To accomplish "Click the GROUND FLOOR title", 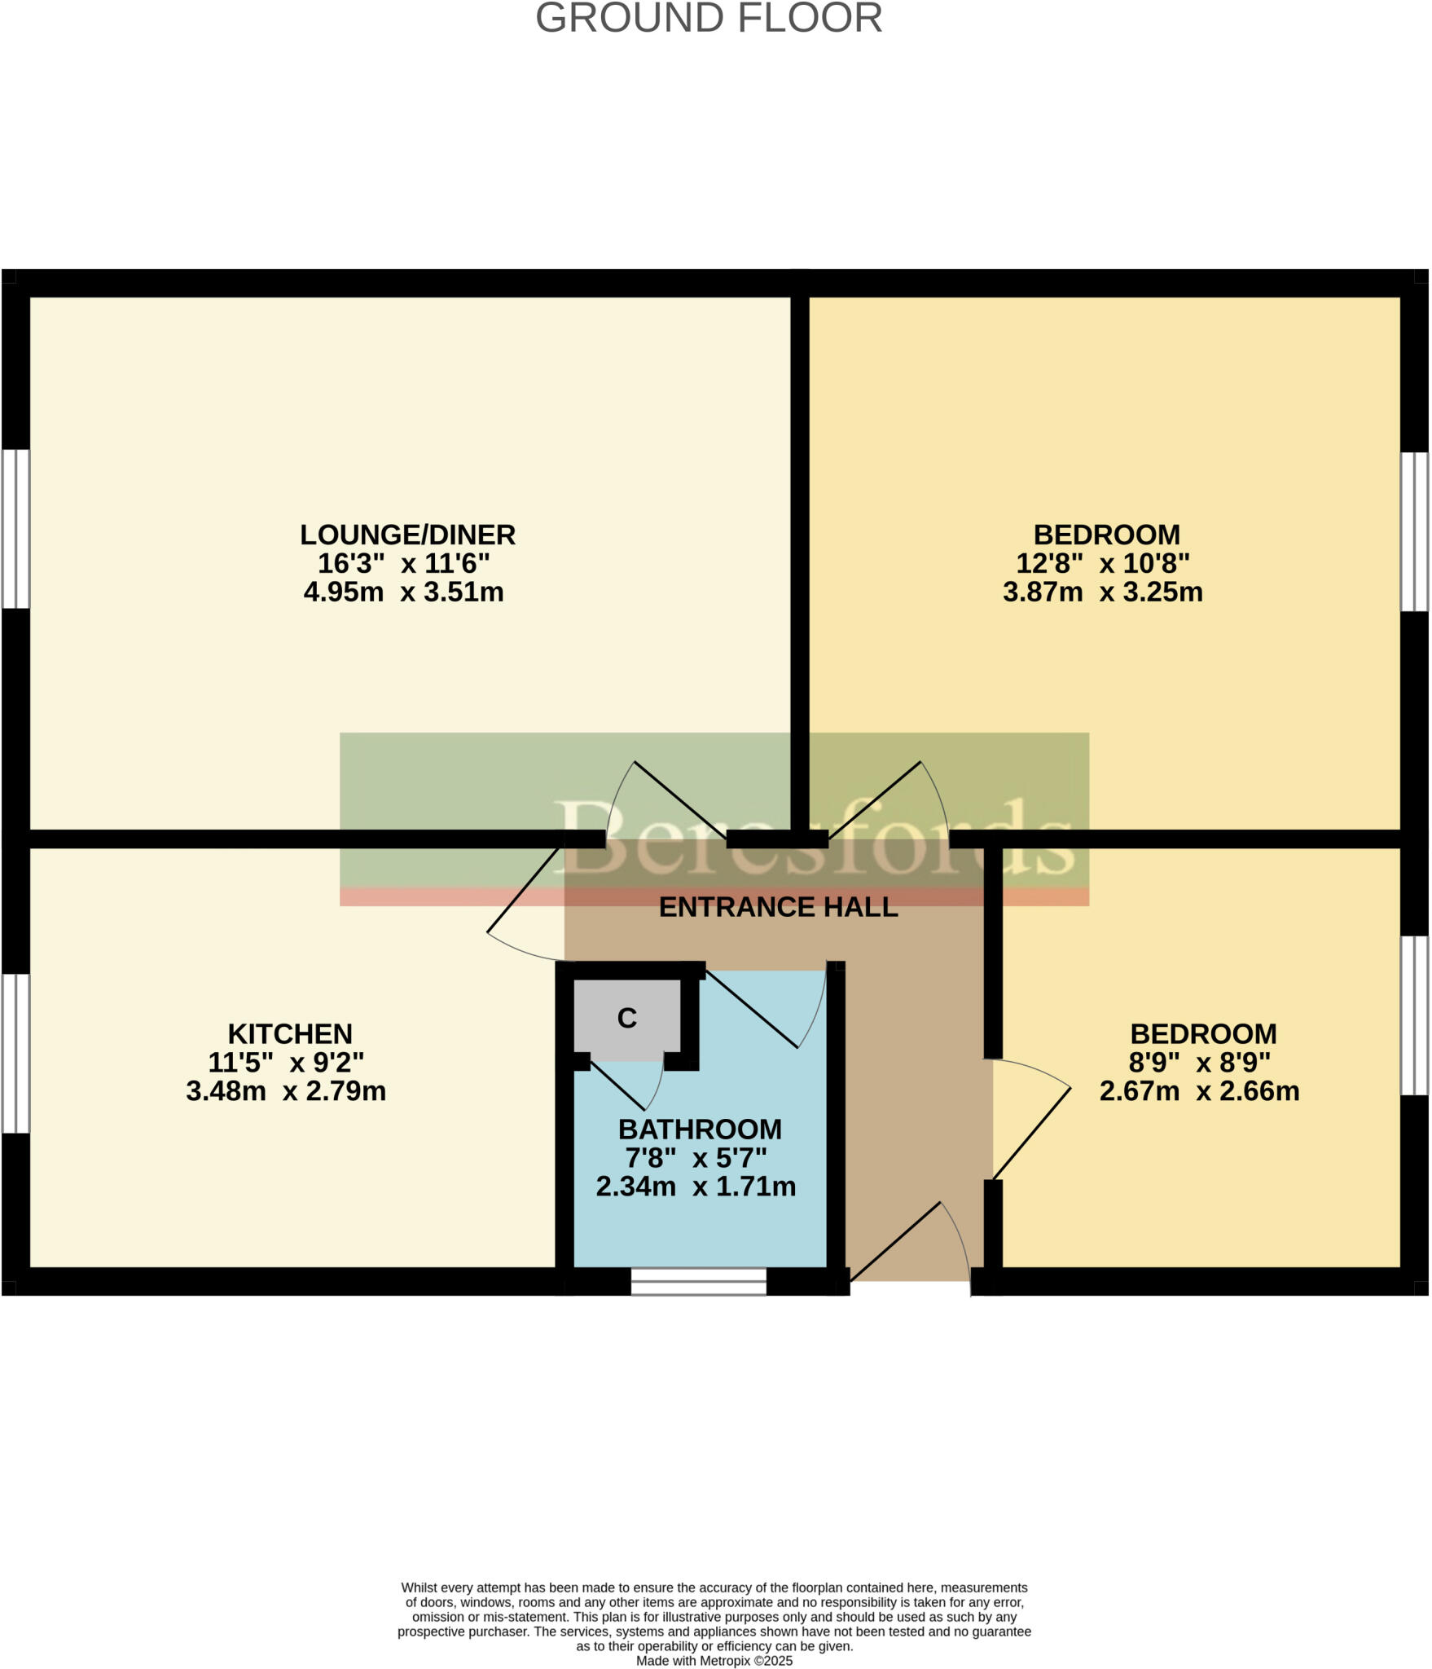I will (x=709, y=18).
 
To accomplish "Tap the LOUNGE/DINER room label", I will (x=407, y=535).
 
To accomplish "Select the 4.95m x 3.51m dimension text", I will (x=403, y=592).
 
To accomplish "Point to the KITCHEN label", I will (x=290, y=1033).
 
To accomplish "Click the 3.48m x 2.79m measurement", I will (x=286, y=1090).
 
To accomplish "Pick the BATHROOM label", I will (x=700, y=1129).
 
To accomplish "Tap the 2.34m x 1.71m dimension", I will (x=696, y=1186).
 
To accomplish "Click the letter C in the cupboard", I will (x=626, y=1018).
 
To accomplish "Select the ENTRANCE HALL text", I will (x=778, y=907).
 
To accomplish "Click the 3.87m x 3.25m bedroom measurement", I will (x=1102, y=592).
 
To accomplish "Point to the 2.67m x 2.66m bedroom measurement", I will (x=1199, y=1090).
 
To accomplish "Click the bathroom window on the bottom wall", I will (x=698, y=1281).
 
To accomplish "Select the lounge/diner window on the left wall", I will (x=15, y=529).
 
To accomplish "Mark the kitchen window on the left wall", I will (x=15, y=1053).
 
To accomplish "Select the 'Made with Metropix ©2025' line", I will (x=714, y=1661).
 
